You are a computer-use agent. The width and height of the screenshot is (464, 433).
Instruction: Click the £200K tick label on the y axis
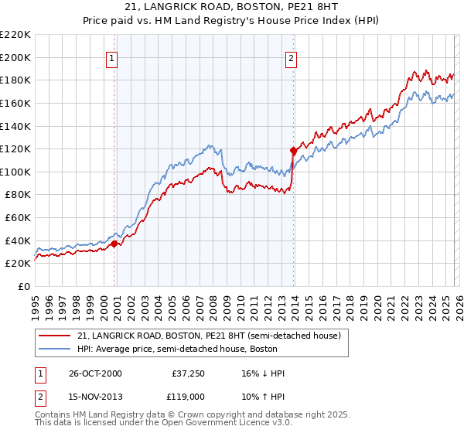15,57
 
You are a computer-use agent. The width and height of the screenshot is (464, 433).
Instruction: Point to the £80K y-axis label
18,195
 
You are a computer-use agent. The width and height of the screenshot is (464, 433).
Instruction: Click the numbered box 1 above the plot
112,56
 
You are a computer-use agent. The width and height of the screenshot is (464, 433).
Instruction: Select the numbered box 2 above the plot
292,56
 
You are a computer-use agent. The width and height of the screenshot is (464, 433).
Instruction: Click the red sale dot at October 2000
114,244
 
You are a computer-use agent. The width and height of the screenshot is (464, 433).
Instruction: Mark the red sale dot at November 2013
292,150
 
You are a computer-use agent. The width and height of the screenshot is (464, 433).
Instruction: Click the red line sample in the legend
55,336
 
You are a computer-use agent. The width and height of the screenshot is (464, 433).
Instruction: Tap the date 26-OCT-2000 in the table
94,374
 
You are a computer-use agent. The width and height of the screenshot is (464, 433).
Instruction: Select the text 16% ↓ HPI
261,374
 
